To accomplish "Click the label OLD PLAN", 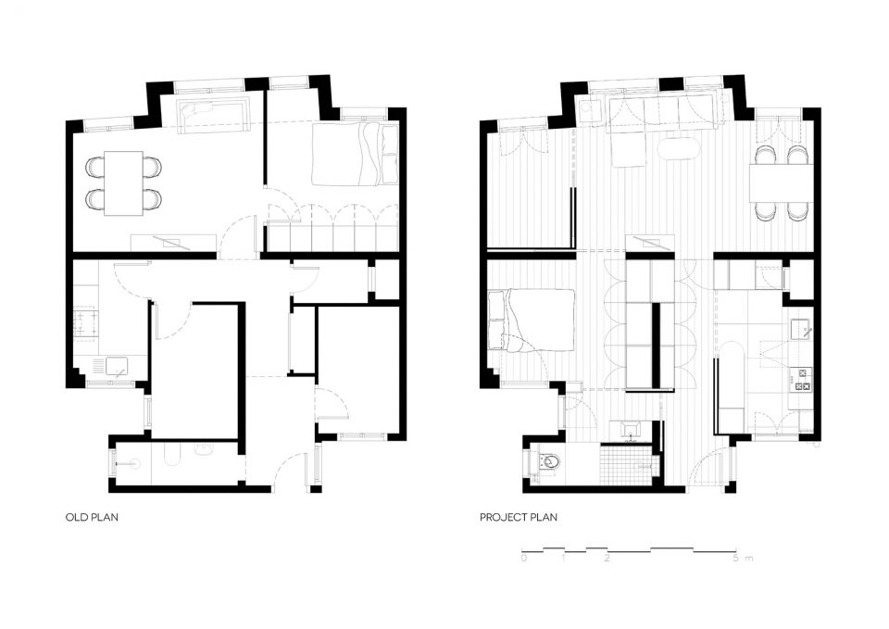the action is click(92, 517).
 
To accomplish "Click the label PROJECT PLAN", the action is click(519, 517).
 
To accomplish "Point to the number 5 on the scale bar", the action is click(736, 558).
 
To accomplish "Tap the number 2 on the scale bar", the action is click(607, 558).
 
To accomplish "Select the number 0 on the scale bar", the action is click(524, 558).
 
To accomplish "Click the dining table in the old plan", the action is click(123, 182).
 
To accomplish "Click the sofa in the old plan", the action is click(214, 116).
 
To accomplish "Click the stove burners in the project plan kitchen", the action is click(804, 380).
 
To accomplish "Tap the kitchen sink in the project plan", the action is click(802, 329).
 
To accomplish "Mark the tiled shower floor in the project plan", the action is click(628, 464).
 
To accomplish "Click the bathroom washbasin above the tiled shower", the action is click(630, 429).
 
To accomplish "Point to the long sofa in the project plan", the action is click(661, 110).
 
